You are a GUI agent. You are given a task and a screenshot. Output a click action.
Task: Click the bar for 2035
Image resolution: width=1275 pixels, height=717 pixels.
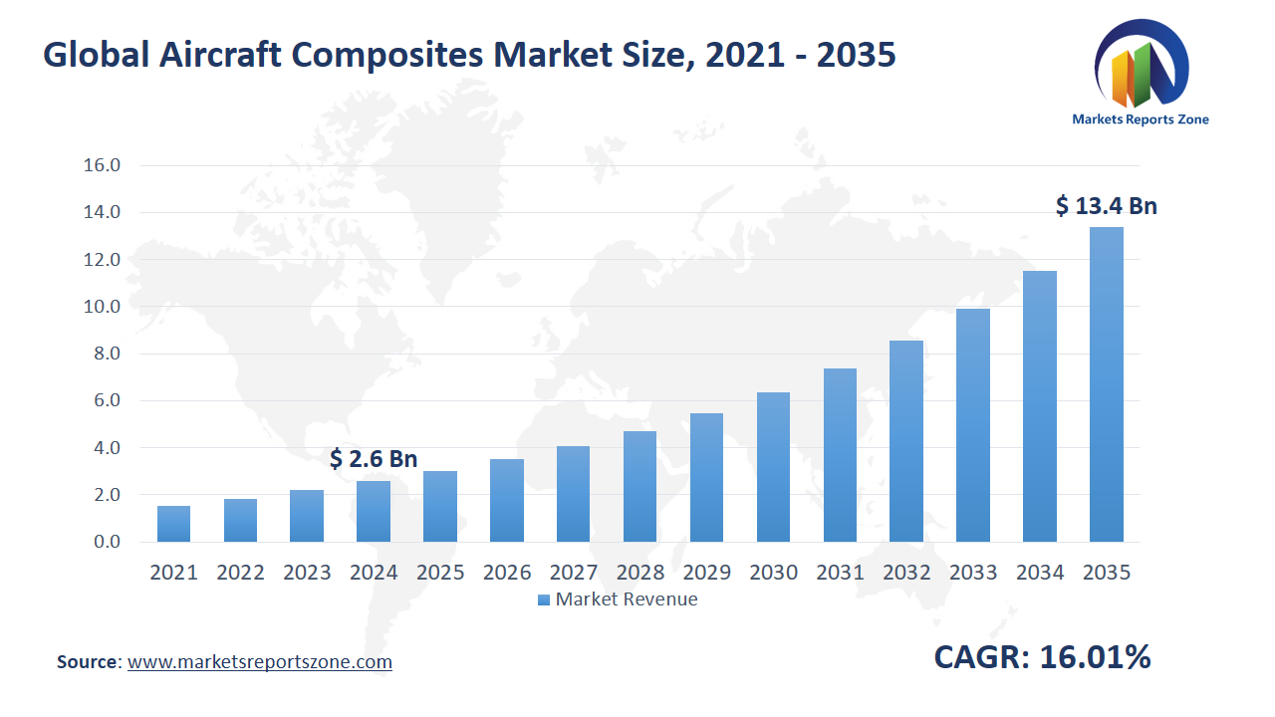1106,384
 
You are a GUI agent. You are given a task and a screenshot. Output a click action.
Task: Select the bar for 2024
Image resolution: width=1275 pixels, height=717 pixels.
374,511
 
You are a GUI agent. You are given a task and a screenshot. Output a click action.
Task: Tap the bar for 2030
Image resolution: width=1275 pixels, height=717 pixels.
773,467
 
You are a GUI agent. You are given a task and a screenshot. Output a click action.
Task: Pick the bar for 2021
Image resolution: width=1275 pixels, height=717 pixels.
173,524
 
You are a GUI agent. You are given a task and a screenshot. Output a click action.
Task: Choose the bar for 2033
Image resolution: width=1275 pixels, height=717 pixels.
972,425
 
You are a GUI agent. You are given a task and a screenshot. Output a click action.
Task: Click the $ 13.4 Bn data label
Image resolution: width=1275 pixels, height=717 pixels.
1106,206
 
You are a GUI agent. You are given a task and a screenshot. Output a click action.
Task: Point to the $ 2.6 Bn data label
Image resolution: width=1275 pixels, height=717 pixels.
374,459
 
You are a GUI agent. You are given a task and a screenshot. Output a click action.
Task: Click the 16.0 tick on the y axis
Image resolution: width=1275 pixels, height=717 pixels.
102,165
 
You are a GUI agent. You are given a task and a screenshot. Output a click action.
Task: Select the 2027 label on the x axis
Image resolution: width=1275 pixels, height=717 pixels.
573,573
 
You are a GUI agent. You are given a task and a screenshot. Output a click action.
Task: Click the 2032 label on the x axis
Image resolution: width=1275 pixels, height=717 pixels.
906,573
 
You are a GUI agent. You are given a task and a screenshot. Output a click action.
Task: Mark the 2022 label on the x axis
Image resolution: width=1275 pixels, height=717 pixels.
240,573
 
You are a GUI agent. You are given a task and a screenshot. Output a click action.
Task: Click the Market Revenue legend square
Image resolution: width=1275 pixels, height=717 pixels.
543,599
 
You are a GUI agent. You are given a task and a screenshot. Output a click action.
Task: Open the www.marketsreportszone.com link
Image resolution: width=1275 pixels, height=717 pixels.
260,662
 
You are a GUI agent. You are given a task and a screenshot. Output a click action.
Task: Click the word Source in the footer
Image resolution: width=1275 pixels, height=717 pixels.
88,662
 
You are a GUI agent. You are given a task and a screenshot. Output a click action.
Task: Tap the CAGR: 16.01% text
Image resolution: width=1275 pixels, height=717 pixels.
1042,657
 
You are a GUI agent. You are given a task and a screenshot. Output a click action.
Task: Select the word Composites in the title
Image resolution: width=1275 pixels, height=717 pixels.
379,56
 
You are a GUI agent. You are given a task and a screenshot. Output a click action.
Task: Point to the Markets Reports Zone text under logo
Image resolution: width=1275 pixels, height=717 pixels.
1141,119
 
